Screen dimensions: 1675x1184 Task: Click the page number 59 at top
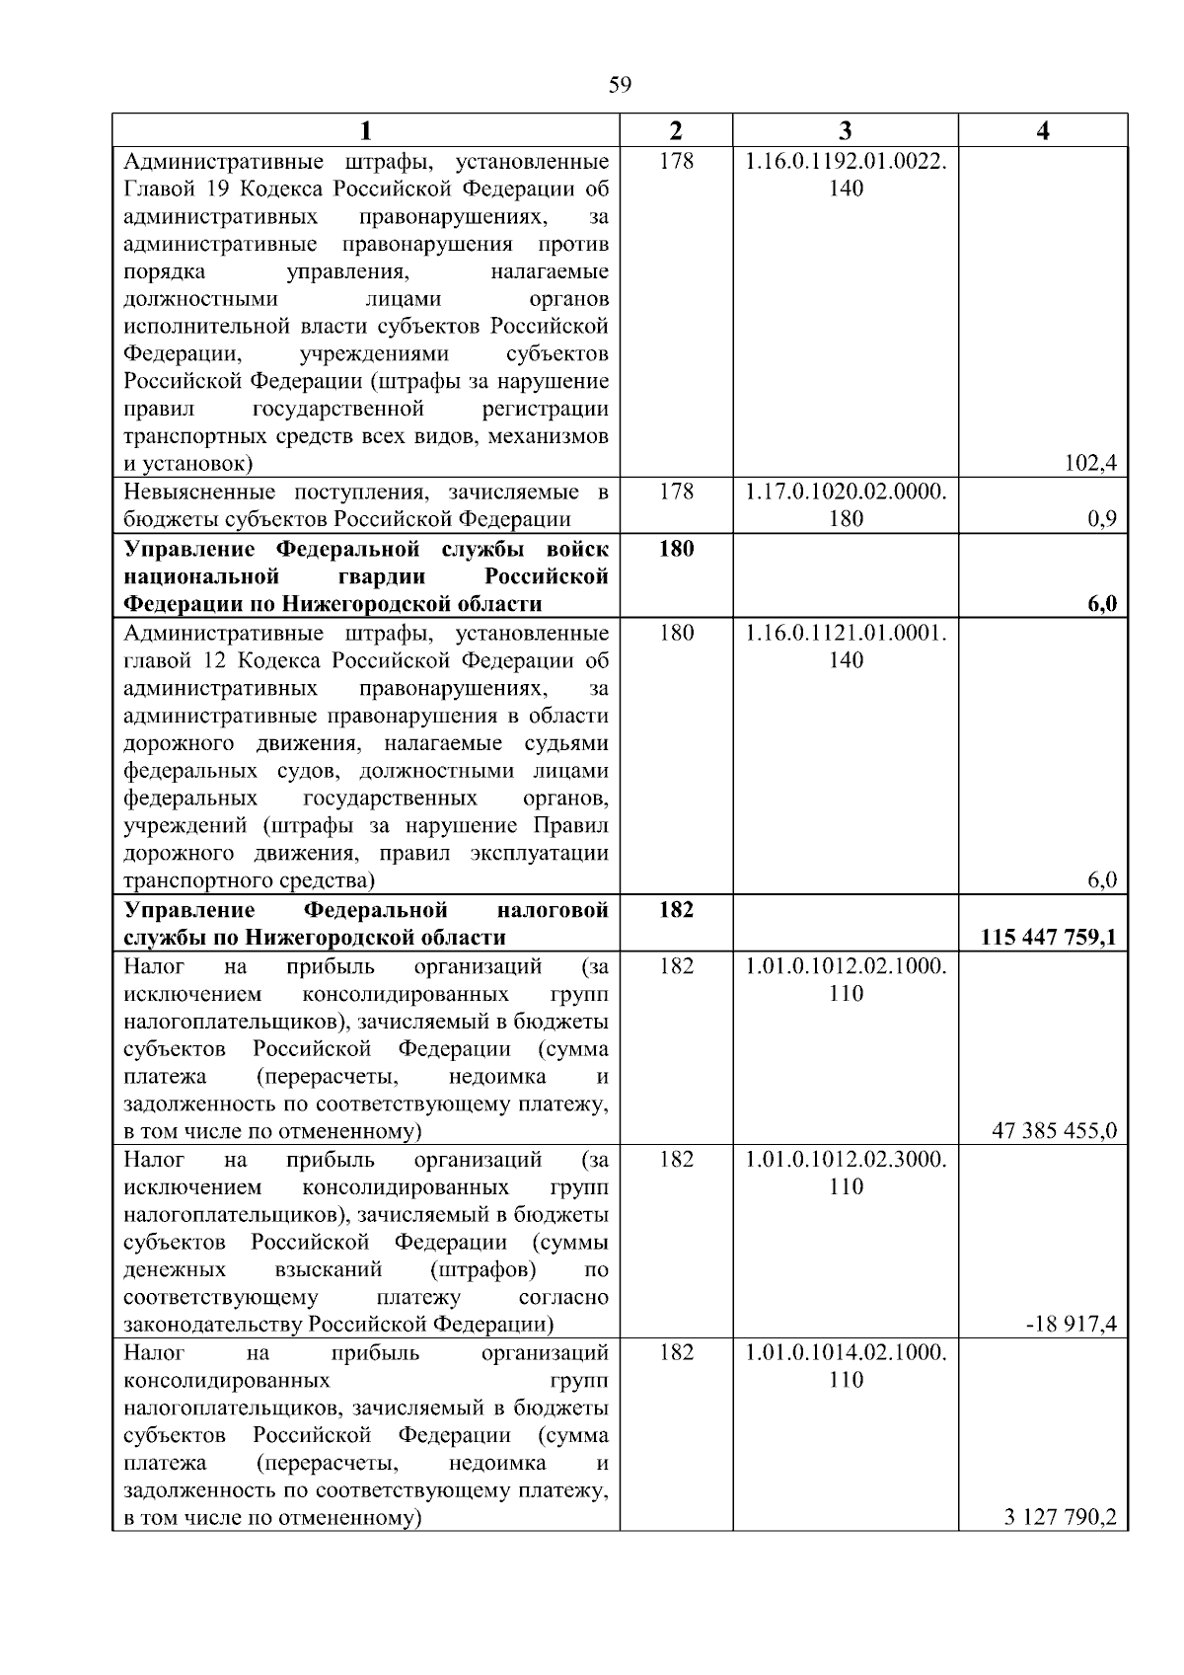(x=620, y=85)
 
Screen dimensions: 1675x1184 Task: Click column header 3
(x=846, y=130)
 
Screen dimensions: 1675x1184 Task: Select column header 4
(x=1043, y=130)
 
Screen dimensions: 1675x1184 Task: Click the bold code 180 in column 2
(x=676, y=549)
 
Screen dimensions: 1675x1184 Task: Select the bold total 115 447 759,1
(x=1049, y=937)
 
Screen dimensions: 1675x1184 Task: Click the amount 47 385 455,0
(x=1054, y=1130)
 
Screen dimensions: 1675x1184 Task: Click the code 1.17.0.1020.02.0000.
(x=846, y=492)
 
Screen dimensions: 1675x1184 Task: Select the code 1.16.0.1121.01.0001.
(x=846, y=633)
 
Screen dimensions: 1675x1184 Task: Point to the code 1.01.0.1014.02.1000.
(x=846, y=1352)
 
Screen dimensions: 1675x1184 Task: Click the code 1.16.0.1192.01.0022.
(x=846, y=160)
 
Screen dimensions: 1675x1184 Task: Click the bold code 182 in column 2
(x=676, y=909)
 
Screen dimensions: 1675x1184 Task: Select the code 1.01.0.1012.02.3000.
(x=846, y=1159)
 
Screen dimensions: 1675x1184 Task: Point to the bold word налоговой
(x=553, y=909)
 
